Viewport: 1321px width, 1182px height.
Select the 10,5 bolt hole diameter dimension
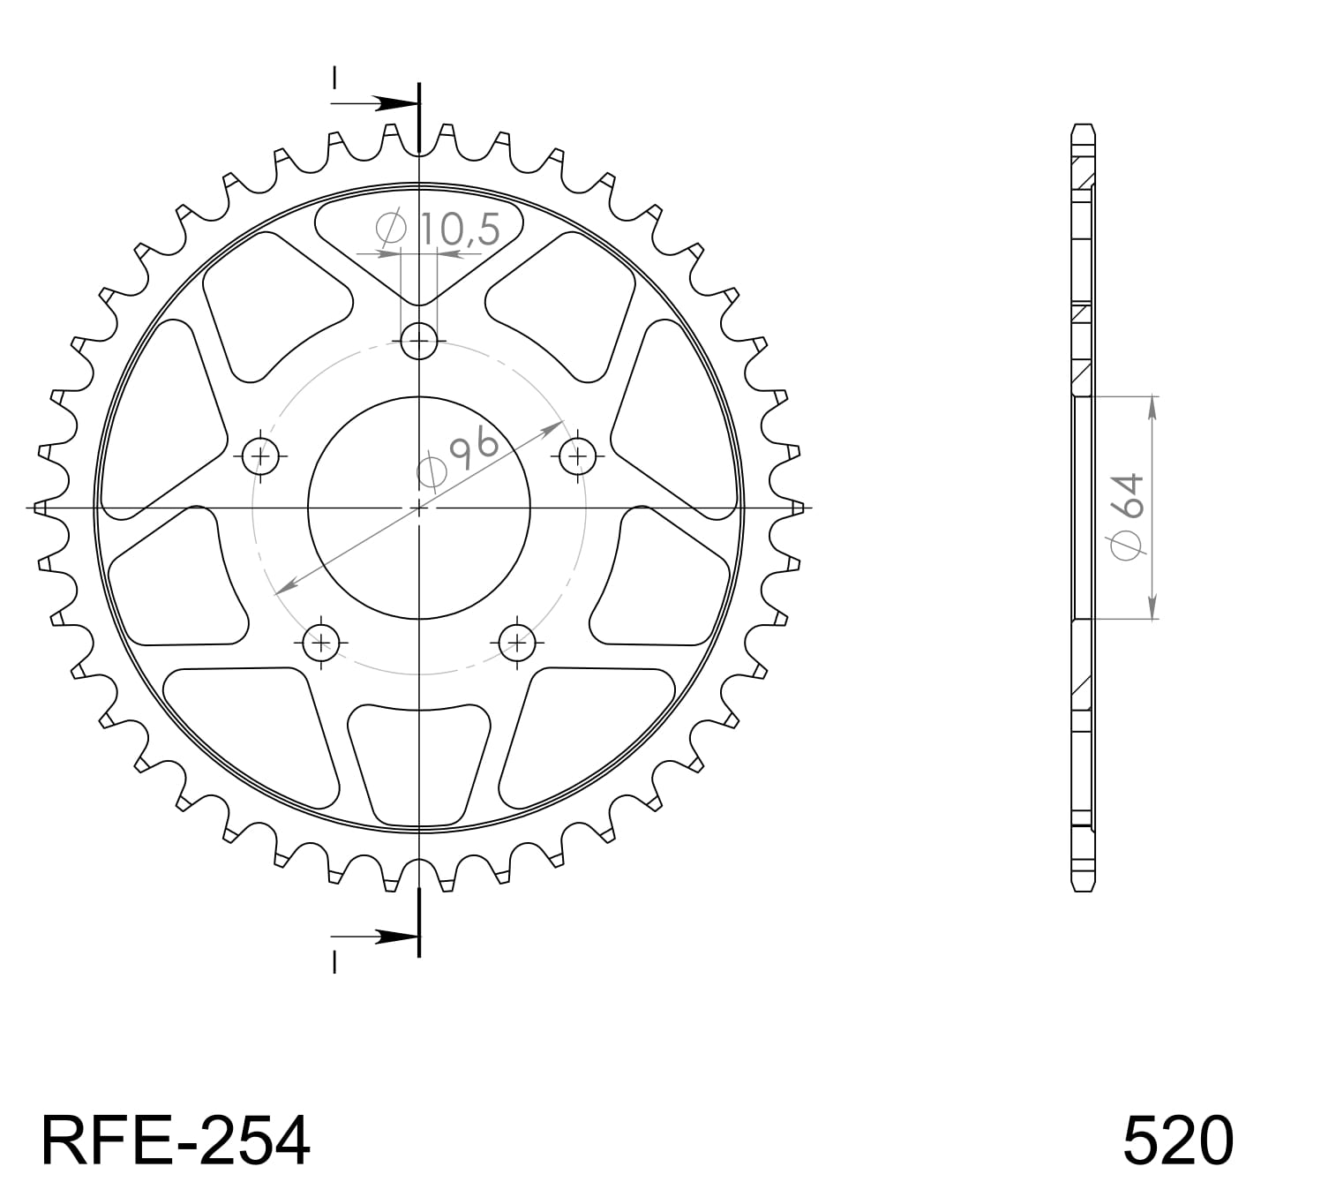[x=458, y=230]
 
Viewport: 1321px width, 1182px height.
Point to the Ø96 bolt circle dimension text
[x=458, y=460]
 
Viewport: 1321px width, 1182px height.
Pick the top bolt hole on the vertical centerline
[x=419, y=340]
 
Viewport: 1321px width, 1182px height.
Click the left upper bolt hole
[x=261, y=455]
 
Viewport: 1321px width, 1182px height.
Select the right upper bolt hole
[x=577, y=455]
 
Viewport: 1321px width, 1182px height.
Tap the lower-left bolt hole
[x=321, y=642]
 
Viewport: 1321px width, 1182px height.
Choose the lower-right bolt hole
[x=517, y=642]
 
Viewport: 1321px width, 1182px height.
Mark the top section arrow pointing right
[x=388, y=104]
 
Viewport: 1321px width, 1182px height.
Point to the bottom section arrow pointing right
[x=388, y=937]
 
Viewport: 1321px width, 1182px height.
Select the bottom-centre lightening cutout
[x=419, y=759]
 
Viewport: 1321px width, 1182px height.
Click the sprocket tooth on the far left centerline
[x=41, y=508]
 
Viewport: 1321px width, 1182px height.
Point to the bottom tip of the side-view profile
[x=1083, y=888]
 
